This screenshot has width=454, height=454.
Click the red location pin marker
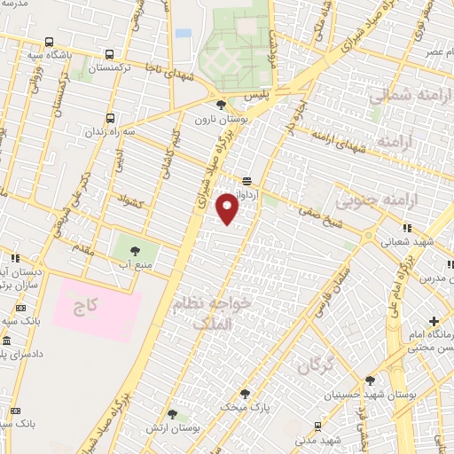click(x=229, y=207)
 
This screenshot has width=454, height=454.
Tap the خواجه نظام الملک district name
click(x=215, y=313)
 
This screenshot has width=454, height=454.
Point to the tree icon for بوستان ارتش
click(x=172, y=414)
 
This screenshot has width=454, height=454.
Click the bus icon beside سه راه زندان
click(x=109, y=118)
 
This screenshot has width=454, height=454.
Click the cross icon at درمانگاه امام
click(x=434, y=320)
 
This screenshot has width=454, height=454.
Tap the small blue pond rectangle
click(x=184, y=34)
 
